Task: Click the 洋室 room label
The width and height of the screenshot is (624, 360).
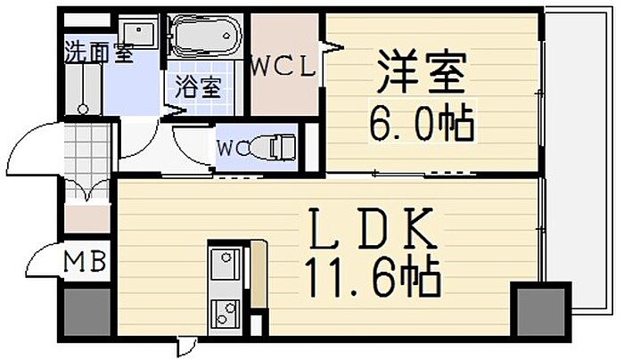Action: tap(422, 72)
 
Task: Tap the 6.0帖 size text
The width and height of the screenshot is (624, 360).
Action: tap(422, 122)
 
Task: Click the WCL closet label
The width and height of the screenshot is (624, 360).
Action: tap(284, 67)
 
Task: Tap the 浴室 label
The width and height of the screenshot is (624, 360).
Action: tap(198, 86)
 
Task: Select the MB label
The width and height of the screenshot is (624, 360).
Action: tap(86, 261)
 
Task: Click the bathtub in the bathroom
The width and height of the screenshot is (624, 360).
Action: tap(204, 36)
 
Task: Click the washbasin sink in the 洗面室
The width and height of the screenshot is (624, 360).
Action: tap(138, 33)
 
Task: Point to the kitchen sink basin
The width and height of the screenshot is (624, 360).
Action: tap(226, 264)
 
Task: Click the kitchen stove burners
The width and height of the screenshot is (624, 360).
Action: tap(226, 314)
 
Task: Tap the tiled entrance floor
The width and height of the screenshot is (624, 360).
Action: tap(86, 160)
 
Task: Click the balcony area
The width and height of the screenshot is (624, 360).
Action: tap(577, 151)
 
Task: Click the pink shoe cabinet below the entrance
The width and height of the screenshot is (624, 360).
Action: tap(87, 218)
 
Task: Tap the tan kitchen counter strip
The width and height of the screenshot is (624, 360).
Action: tap(258, 274)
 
